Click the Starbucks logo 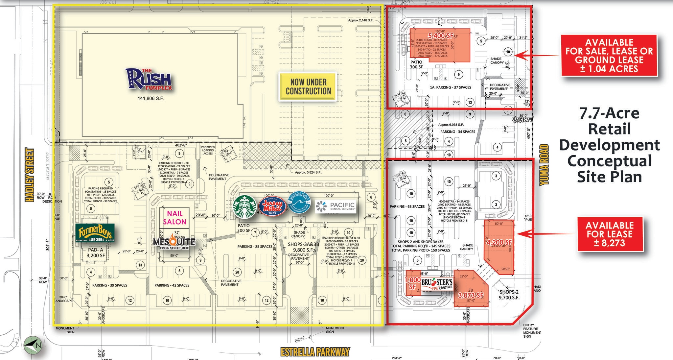point(245,207)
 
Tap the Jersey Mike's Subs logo point(272,206)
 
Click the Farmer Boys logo point(95,233)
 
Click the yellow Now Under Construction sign point(308,86)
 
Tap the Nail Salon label point(174,218)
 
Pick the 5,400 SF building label point(441,35)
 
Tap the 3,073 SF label point(471,295)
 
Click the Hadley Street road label point(30,175)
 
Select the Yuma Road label point(544,164)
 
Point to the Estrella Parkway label point(315,352)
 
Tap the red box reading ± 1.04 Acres point(609,56)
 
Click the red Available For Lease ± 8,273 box point(609,234)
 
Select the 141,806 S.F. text point(151,98)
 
